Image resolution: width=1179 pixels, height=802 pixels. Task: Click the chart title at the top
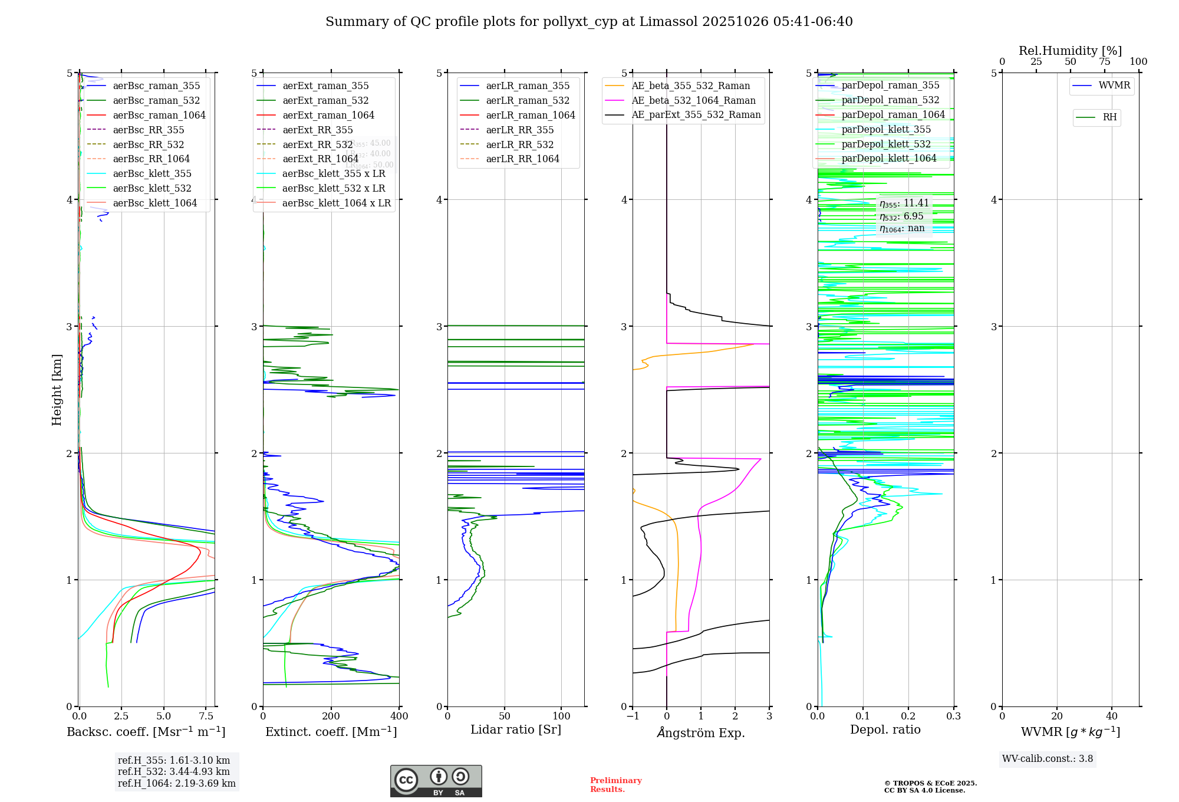pyautogui.click(x=589, y=22)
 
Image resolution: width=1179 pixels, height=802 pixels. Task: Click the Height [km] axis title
pyautogui.click(x=57, y=390)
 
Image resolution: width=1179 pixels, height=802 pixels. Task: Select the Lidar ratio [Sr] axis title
pyautogui.click(x=516, y=729)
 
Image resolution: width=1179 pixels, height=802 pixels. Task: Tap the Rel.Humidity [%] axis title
pyautogui.click(x=1070, y=51)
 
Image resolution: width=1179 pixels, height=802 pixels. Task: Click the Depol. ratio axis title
pyautogui.click(x=885, y=729)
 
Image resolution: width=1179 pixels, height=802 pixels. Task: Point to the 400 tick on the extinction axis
pyautogui.click(x=399, y=716)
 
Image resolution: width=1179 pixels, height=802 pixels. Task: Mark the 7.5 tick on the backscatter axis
pyautogui.click(x=206, y=716)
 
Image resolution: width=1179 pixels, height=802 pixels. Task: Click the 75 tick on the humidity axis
pyautogui.click(x=1104, y=62)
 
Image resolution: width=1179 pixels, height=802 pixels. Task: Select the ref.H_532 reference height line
pyautogui.click(x=174, y=771)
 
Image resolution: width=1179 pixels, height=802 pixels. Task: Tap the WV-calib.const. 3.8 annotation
pyautogui.click(x=1048, y=759)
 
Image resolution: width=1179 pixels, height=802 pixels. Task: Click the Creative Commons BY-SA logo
pyautogui.click(x=436, y=781)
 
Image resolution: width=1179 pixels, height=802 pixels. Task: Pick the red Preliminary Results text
pyautogui.click(x=615, y=785)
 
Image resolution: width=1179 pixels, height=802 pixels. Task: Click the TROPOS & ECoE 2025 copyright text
pyautogui.click(x=930, y=787)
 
